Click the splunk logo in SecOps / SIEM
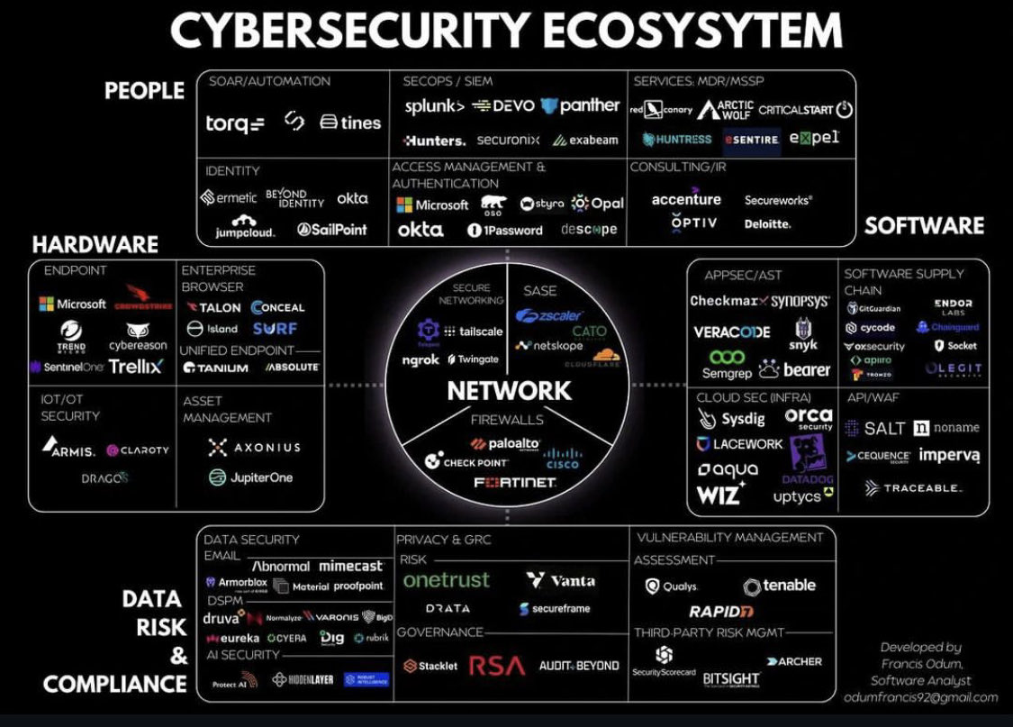click(434, 106)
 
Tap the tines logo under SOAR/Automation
click(350, 123)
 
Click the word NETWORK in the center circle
click(509, 390)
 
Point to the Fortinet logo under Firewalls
click(515, 483)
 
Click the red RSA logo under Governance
click(497, 666)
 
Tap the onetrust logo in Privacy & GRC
click(446, 581)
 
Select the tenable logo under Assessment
click(779, 586)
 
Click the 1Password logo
click(504, 230)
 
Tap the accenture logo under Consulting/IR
click(686, 199)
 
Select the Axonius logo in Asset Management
click(254, 447)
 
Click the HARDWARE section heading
click(95, 244)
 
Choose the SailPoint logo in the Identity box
click(331, 230)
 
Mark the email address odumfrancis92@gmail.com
click(920, 696)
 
